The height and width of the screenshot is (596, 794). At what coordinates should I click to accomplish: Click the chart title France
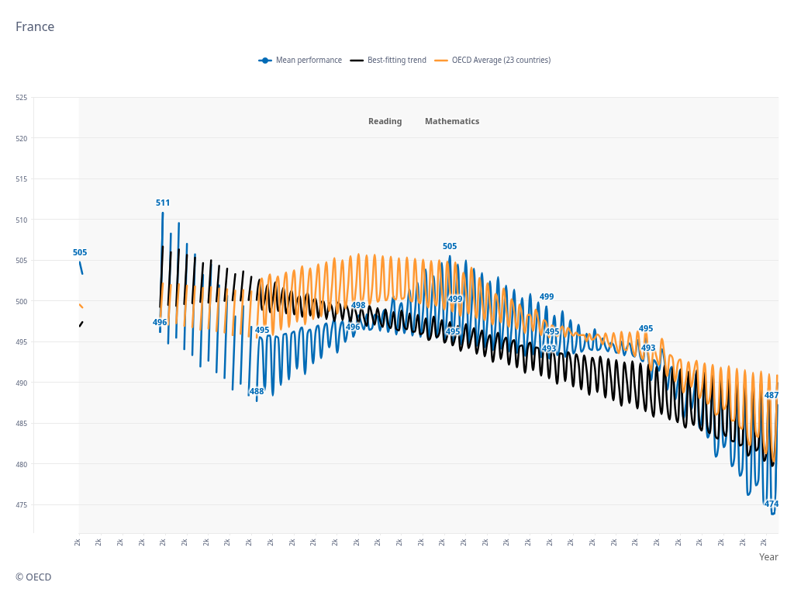tap(35, 27)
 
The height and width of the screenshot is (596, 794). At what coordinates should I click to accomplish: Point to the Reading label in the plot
tap(385, 122)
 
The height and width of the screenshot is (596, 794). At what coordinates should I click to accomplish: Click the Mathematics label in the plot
tap(452, 122)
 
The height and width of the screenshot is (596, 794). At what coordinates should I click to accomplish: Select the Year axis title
tap(768, 557)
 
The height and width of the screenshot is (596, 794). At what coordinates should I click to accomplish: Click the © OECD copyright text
tap(33, 577)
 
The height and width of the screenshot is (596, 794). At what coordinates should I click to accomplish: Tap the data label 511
tap(163, 203)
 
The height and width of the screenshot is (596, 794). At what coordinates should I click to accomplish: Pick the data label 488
tap(257, 392)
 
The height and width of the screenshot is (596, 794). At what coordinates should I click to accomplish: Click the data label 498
tap(358, 306)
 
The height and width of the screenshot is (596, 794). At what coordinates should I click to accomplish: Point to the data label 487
tap(772, 396)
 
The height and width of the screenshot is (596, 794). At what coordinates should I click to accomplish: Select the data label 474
tap(772, 504)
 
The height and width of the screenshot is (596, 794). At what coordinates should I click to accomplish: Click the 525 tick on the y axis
tap(21, 98)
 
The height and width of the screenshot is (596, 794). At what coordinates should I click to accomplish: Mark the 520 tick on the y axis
tap(21, 139)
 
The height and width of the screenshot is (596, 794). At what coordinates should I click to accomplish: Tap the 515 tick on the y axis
tap(21, 179)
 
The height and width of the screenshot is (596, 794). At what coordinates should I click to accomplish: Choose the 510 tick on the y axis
tap(21, 220)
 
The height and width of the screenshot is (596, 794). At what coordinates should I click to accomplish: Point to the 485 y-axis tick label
tap(21, 424)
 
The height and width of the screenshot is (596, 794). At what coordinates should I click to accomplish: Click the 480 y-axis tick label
tap(21, 465)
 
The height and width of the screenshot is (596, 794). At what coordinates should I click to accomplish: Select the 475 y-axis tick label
tap(21, 505)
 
